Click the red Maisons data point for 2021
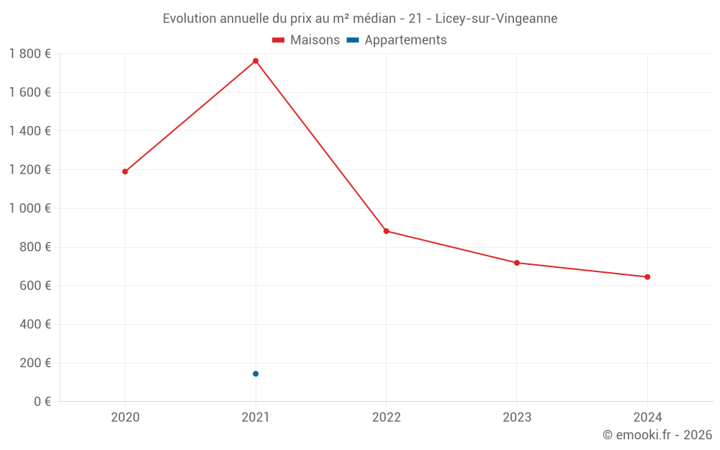256,61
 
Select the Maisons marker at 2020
125,171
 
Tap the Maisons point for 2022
386,231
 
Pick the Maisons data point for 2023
517,263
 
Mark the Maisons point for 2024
647,277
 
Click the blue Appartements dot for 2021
256,374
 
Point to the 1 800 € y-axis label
30,54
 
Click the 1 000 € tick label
30,208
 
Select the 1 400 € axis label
30,131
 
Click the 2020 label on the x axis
125,417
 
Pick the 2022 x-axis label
386,417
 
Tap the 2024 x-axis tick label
647,417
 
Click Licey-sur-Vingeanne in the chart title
496,19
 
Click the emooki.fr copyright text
657,435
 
